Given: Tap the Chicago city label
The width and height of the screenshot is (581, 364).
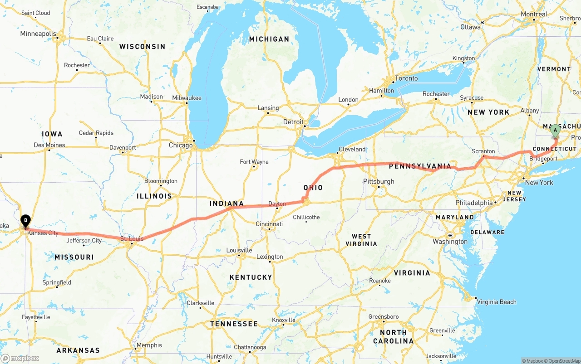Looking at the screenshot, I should click(x=181, y=146).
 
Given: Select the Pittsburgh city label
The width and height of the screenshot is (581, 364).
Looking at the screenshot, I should click(x=379, y=182).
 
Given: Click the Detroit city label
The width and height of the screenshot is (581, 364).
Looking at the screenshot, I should click(x=293, y=122).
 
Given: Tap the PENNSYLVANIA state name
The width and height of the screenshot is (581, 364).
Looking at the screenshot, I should click(x=420, y=166).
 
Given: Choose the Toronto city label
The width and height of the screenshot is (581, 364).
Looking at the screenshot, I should click(x=406, y=78).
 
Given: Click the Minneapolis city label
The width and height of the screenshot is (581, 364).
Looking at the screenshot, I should click(x=38, y=34).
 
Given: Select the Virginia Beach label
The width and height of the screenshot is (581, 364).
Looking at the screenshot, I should click(x=497, y=302).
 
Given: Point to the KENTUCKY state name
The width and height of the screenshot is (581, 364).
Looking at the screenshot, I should click(x=251, y=277).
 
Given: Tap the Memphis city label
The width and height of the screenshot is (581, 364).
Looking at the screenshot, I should click(x=149, y=345).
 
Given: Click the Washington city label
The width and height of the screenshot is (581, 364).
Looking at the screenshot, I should click(x=450, y=242).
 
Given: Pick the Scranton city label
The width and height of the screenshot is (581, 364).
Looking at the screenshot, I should click(x=483, y=151).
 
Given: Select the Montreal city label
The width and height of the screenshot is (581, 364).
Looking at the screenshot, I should click(x=534, y=14).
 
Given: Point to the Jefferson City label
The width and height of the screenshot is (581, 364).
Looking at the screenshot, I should click(x=84, y=241).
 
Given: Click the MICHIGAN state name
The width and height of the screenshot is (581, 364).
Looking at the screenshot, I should click(x=269, y=39).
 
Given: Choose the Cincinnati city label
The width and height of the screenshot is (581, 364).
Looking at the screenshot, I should click(x=269, y=224).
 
